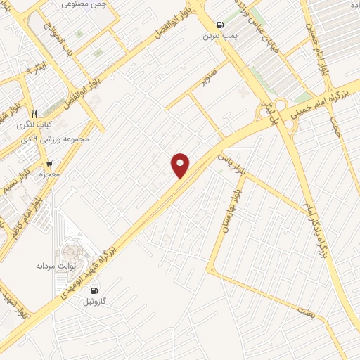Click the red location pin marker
(181, 165)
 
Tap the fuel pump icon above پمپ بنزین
(221, 23)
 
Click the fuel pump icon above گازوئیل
(95, 290)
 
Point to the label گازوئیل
(95, 301)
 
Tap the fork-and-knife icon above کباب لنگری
(32, 113)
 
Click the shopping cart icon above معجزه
(48, 163)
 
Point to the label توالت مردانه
(55, 266)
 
